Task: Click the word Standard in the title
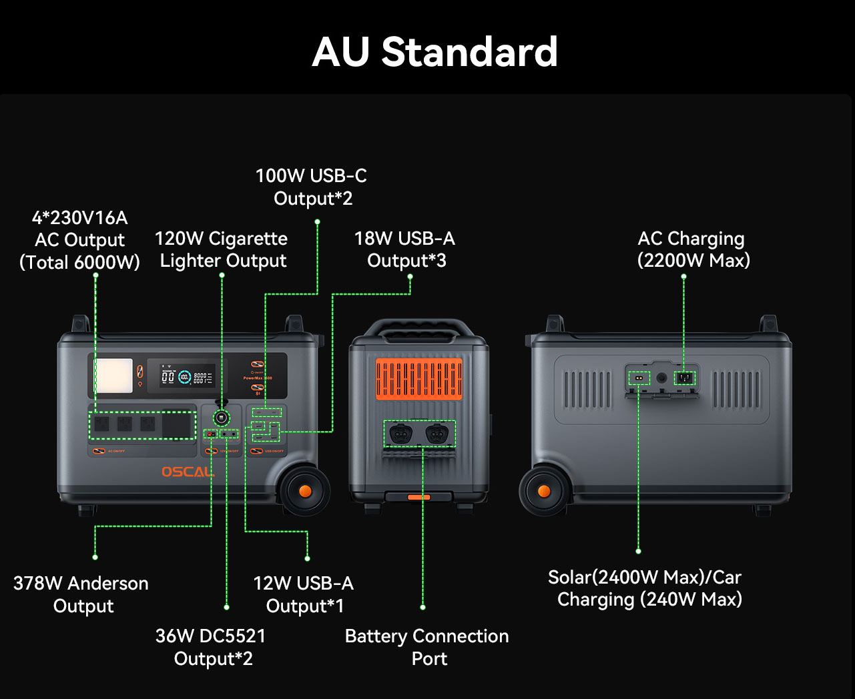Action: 469,52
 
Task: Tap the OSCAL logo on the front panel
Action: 188,472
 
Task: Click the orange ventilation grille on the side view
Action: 419,379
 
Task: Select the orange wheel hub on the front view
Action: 305,491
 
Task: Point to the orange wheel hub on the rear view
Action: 544,492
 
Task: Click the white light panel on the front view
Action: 113,376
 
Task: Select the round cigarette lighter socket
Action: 221,418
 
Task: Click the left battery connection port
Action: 400,434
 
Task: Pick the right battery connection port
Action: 437,434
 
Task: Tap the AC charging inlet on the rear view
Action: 683,378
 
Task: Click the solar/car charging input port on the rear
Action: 639,378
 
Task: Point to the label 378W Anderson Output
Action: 81,594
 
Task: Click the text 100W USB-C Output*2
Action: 312,187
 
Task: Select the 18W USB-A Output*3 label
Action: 405,249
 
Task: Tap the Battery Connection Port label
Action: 427,647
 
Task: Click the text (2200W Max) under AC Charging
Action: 693,260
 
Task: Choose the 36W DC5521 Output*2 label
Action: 212,647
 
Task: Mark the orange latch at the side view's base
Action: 419,497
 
